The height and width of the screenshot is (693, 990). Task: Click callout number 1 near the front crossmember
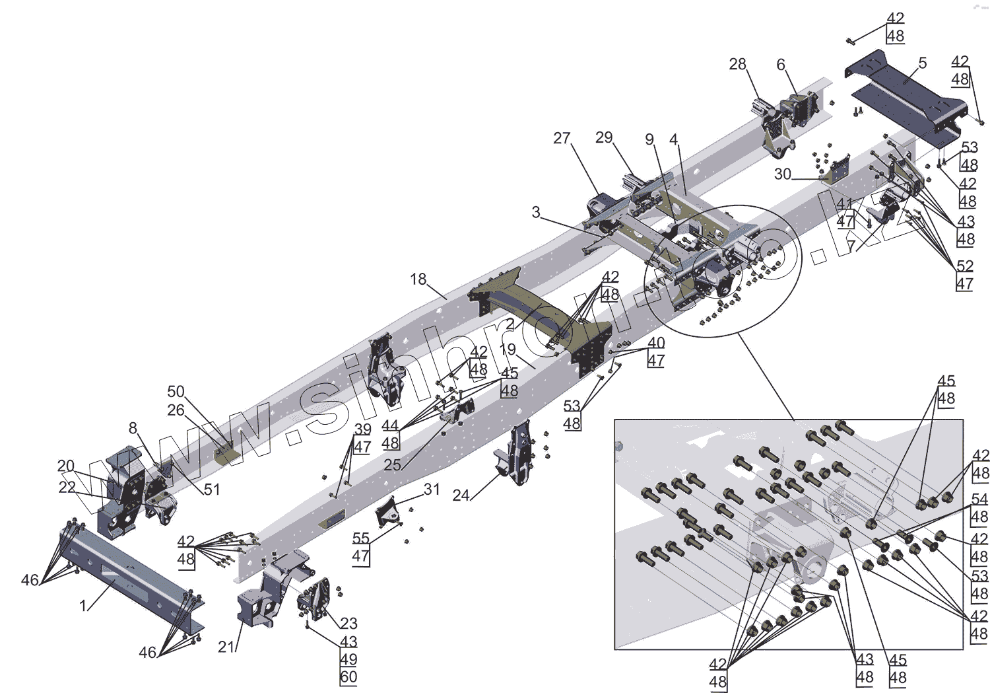pos(83,605)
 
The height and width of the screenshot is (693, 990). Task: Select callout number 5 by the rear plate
pos(922,63)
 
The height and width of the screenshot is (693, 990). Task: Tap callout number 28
pos(737,65)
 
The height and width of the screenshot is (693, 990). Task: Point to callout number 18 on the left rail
pos(418,279)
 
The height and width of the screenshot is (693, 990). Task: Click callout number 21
pos(226,647)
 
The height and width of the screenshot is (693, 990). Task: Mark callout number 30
pos(782,174)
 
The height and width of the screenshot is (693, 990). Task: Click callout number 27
pos(562,139)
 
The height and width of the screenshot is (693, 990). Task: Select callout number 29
pos(604,138)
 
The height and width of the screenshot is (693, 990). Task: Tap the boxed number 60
pos(348,676)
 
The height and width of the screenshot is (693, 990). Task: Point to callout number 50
pos(176,392)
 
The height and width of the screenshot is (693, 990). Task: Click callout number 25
pos(392,465)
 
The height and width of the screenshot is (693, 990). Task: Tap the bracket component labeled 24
pos(515,456)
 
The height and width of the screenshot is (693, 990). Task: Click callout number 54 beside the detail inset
pos(979,500)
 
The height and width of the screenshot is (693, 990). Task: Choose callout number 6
pos(781,65)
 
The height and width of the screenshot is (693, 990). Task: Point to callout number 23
pos(348,623)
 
